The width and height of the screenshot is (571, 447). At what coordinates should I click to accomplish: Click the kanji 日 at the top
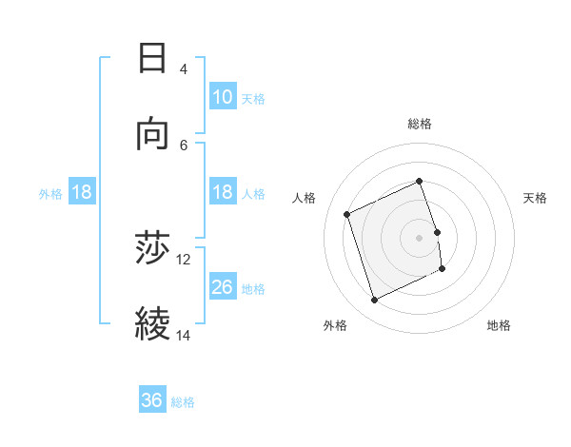coord(152,59)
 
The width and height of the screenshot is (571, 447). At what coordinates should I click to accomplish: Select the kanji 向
coord(152,134)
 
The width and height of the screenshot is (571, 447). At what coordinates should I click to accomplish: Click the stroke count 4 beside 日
coord(183,69)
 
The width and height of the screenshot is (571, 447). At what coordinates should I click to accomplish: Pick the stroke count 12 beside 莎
coord(184,259)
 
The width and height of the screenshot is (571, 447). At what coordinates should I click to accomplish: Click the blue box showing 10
coord(223,97)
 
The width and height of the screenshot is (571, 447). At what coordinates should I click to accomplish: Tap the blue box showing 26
coord(223,286)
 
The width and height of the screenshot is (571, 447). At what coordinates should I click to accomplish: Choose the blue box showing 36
coord(151,400)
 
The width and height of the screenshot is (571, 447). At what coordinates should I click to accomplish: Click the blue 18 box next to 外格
coord(82,192)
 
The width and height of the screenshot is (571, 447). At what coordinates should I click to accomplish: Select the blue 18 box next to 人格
coord(223,192)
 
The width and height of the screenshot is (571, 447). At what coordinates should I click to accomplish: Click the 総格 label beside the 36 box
coord(183,402)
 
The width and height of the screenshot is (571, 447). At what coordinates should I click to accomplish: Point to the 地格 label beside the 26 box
coord(253,288)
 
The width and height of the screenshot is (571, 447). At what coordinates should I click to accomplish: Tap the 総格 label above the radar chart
coord(420,124)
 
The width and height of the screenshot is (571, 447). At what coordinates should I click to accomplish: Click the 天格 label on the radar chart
coord(535,198)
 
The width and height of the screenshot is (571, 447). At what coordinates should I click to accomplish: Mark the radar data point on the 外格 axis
coord(374,301)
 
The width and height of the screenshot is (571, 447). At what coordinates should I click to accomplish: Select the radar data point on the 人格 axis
coord(348,213)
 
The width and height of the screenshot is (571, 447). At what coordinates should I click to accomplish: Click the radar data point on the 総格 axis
coord(420,181)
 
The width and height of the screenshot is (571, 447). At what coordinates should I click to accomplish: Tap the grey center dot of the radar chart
coord(420,237)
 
